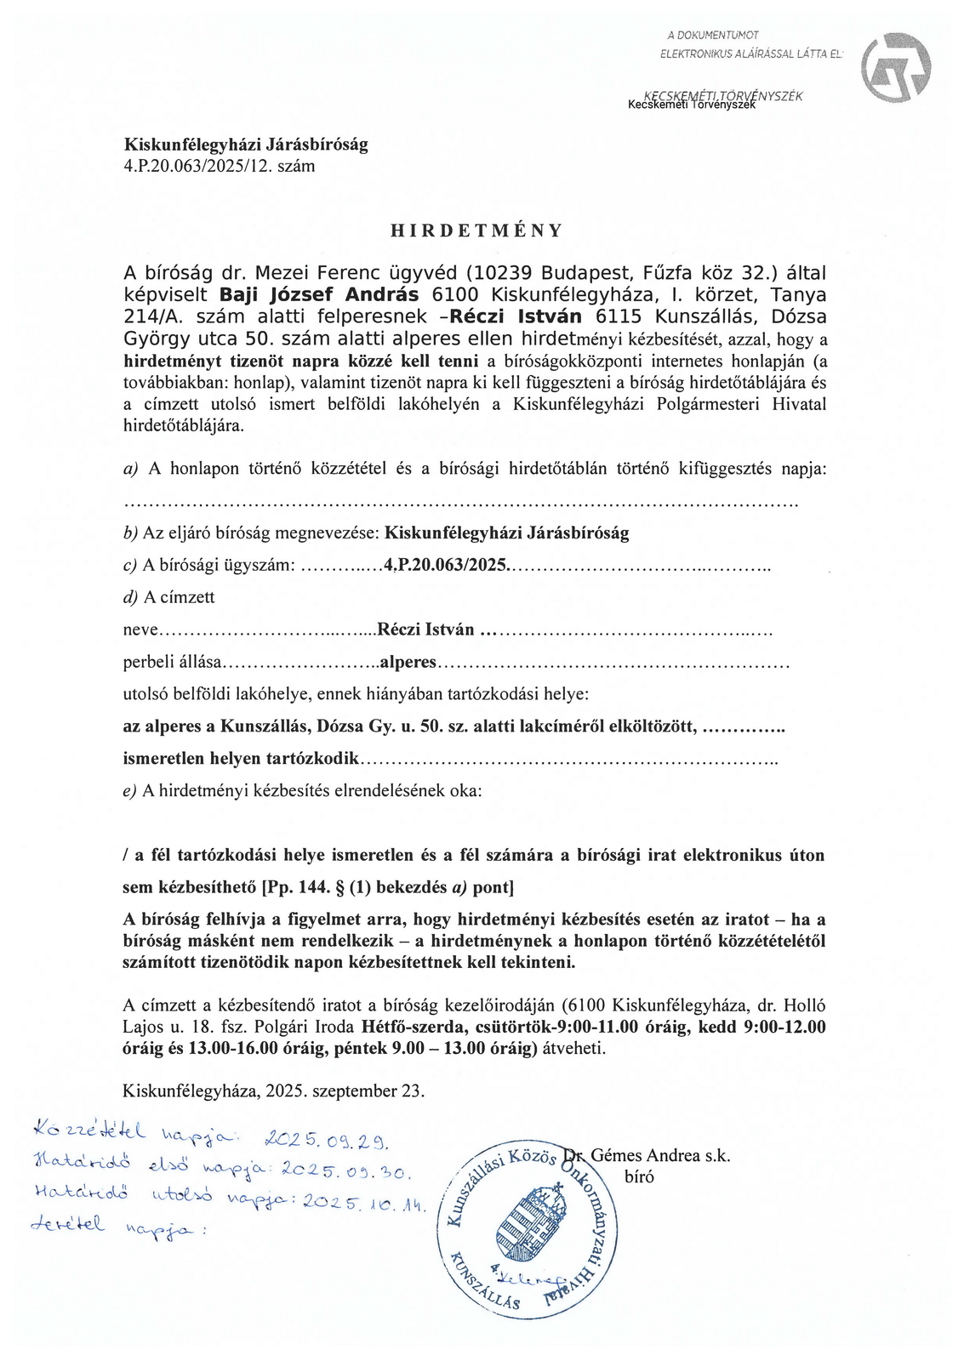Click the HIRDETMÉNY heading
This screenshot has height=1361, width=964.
(x=476, y=231)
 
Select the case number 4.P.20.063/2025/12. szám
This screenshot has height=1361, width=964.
(x=220, y=166)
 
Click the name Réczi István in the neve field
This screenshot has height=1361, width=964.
(x=425, y=630)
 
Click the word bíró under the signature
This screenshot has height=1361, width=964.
(x=638, y=1177)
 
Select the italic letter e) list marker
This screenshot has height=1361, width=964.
(x=129, y=791)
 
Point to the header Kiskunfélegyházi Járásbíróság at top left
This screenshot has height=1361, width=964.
(x=246, y=145)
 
